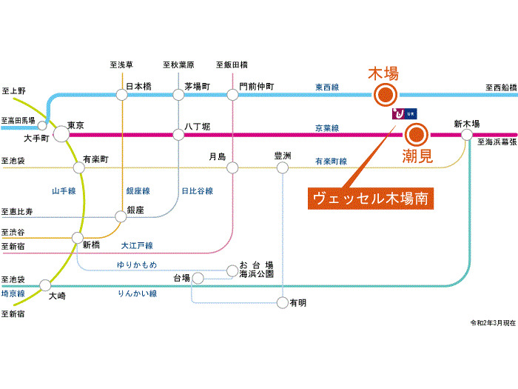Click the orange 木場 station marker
point(385,94)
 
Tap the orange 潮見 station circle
point(416,135)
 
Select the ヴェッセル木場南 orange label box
point(371,199)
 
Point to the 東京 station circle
point(60,134)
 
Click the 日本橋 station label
point(138,86)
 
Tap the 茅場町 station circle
point(178,95)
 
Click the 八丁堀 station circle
point(178,134)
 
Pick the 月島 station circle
point(232,168)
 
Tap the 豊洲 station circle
point(282,168)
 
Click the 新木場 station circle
point(466,134)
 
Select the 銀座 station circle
point(121,217)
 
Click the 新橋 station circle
point(77,237)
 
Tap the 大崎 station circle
point(46,285)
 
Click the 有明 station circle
point(282,302)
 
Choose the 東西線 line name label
point(326,87)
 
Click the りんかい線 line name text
point(137,294)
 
